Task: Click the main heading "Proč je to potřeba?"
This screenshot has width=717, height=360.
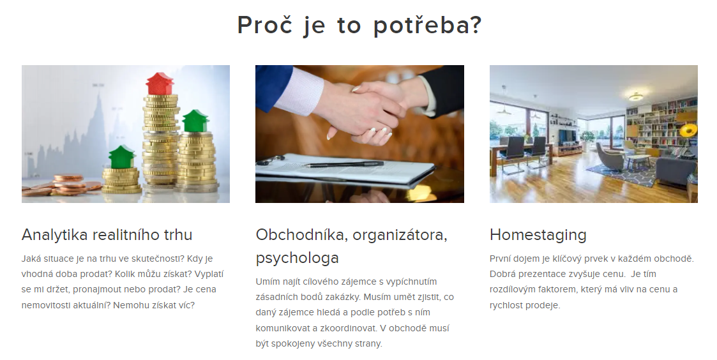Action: pos(359,26)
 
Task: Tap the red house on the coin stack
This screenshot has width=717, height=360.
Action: pos(160,84)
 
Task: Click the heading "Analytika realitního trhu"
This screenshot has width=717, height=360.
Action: pos(107,235)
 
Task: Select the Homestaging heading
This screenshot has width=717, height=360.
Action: pos(538,235)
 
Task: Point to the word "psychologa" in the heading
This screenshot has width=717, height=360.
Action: pos(298,258)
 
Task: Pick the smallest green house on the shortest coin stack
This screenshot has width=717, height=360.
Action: pos(122,157)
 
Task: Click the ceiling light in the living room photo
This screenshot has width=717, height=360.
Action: pos(635,96)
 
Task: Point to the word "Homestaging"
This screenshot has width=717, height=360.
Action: pos(538,235)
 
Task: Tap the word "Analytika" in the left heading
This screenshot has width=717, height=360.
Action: pos(54,235)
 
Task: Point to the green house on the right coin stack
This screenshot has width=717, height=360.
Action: pos(196,121)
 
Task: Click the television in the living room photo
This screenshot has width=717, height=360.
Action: pos(568,136)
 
